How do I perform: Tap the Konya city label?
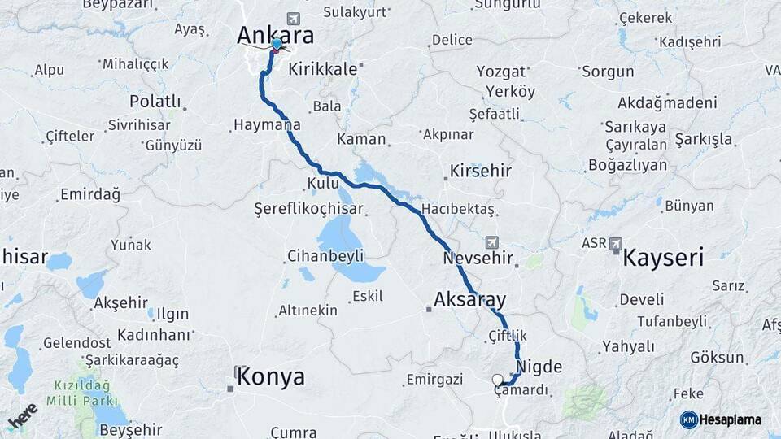272,377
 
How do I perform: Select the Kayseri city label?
663,259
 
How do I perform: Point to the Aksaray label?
470,298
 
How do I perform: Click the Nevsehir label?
478,259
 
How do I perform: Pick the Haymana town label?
266,125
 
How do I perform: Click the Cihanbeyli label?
325,256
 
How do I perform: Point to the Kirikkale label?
323,69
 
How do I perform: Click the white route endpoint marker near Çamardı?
497,380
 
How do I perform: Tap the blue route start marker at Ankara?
277,44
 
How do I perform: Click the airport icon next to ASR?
615,243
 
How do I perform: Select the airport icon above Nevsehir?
492,242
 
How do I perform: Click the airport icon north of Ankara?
293,18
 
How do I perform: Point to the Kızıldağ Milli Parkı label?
87,392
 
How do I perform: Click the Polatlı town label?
155,102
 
